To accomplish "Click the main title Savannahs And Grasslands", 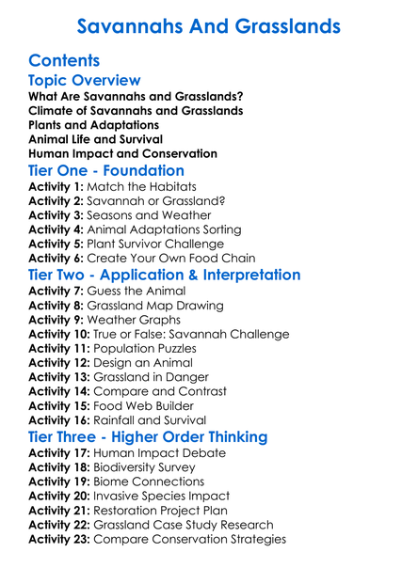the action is [x=209, y=25].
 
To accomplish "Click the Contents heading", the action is [x=64, y=61].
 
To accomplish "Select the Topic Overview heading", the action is [x=85, y=81].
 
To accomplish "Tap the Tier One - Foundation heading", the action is [x=106, y=171].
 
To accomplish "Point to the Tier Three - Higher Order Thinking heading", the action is [x=148, y=437].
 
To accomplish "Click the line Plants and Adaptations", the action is [x=93, y=125].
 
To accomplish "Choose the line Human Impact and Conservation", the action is [x=122, y=153].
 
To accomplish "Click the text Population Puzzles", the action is [x=155, y=349].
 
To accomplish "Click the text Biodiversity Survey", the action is [x=155, y=467].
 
